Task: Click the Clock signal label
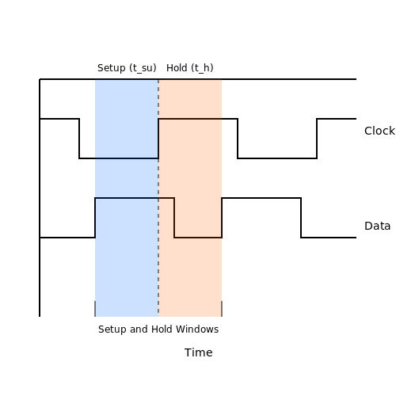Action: (379, 131)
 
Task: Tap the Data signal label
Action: (377, 226)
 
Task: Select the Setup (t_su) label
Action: (127, 68)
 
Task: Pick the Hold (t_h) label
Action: (190, 68)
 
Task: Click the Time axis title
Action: (199, 352)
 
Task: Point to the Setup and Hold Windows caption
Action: (158, 329)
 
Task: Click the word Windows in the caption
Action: (197, 329)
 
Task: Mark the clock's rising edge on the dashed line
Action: (158, 139)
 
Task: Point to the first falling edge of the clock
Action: (79, 139)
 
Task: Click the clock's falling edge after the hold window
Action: (238, 139)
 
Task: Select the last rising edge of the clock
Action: (317, 139)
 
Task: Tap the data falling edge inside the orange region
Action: (174, 218)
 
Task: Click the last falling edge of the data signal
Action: (301, 218)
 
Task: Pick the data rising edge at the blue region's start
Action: (95, 218)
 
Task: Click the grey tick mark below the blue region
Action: (95, 309)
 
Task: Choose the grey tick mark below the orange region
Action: (222, 309)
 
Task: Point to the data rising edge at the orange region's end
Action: (222, 218)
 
